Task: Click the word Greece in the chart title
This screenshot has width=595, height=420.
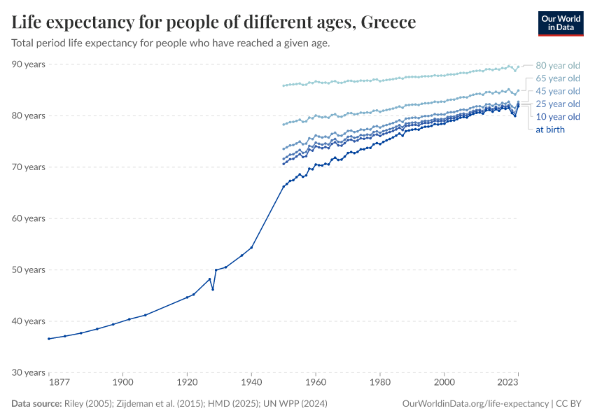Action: coord(388,23)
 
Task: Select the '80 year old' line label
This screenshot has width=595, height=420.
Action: coord(557,66)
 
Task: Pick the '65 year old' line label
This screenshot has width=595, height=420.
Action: coord(557,78)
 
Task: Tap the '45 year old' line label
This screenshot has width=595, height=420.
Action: coord(557,91)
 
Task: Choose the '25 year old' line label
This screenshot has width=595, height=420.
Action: coord(557,104)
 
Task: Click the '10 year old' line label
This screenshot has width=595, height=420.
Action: coord(557,116)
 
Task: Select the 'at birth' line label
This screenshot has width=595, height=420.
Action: coord(549,129)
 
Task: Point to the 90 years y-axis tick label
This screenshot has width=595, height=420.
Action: coord(28,64)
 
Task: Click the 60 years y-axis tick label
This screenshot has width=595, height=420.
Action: coord(28,218)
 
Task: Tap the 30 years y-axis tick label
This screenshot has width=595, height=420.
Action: coord(28,372)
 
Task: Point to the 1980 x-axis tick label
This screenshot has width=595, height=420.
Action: coord(380,383)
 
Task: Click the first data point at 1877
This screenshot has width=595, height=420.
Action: coord(49,339)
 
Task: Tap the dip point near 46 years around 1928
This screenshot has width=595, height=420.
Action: coord(213,290)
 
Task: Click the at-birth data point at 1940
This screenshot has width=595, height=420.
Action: coord(252,247)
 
